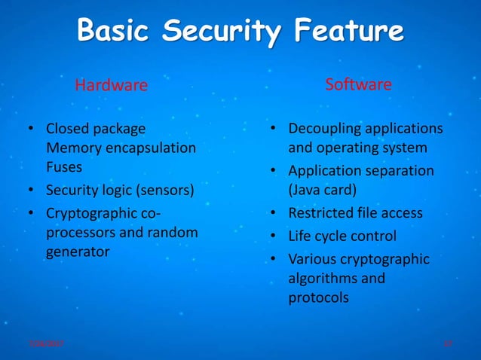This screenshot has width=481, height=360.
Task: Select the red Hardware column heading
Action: click(x=111, y=85)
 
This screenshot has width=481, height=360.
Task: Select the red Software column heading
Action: click(x=358, y=84)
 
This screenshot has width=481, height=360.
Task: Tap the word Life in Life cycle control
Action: click(x=301, y=236)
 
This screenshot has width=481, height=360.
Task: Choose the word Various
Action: click(x=314, y=259)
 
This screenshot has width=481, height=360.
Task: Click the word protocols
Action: click(x=318, y=297)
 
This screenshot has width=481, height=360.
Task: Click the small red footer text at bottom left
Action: click(x=45, y=343)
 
